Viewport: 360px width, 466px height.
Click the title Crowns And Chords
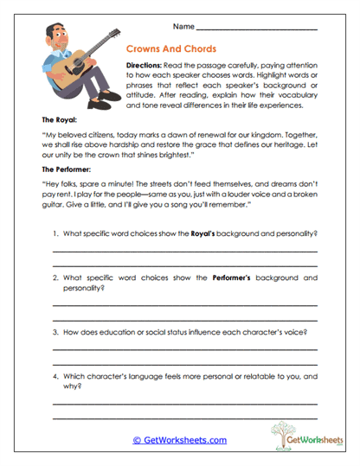[x=171, y=50]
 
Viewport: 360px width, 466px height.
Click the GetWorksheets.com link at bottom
[x=179, y=439]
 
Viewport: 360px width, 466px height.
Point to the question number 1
[x=55, y=234]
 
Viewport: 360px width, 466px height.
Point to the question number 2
[x=55, y=278]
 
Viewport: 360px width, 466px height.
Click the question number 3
[x=55, y=332]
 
